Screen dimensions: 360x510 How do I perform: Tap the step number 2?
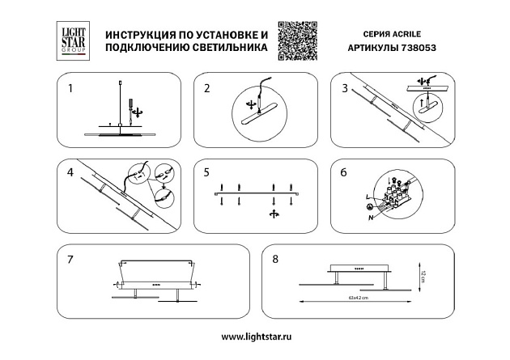click(206, 87)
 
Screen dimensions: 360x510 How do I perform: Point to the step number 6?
click(344, 172)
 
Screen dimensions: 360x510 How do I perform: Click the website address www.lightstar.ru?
click(255, 336)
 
